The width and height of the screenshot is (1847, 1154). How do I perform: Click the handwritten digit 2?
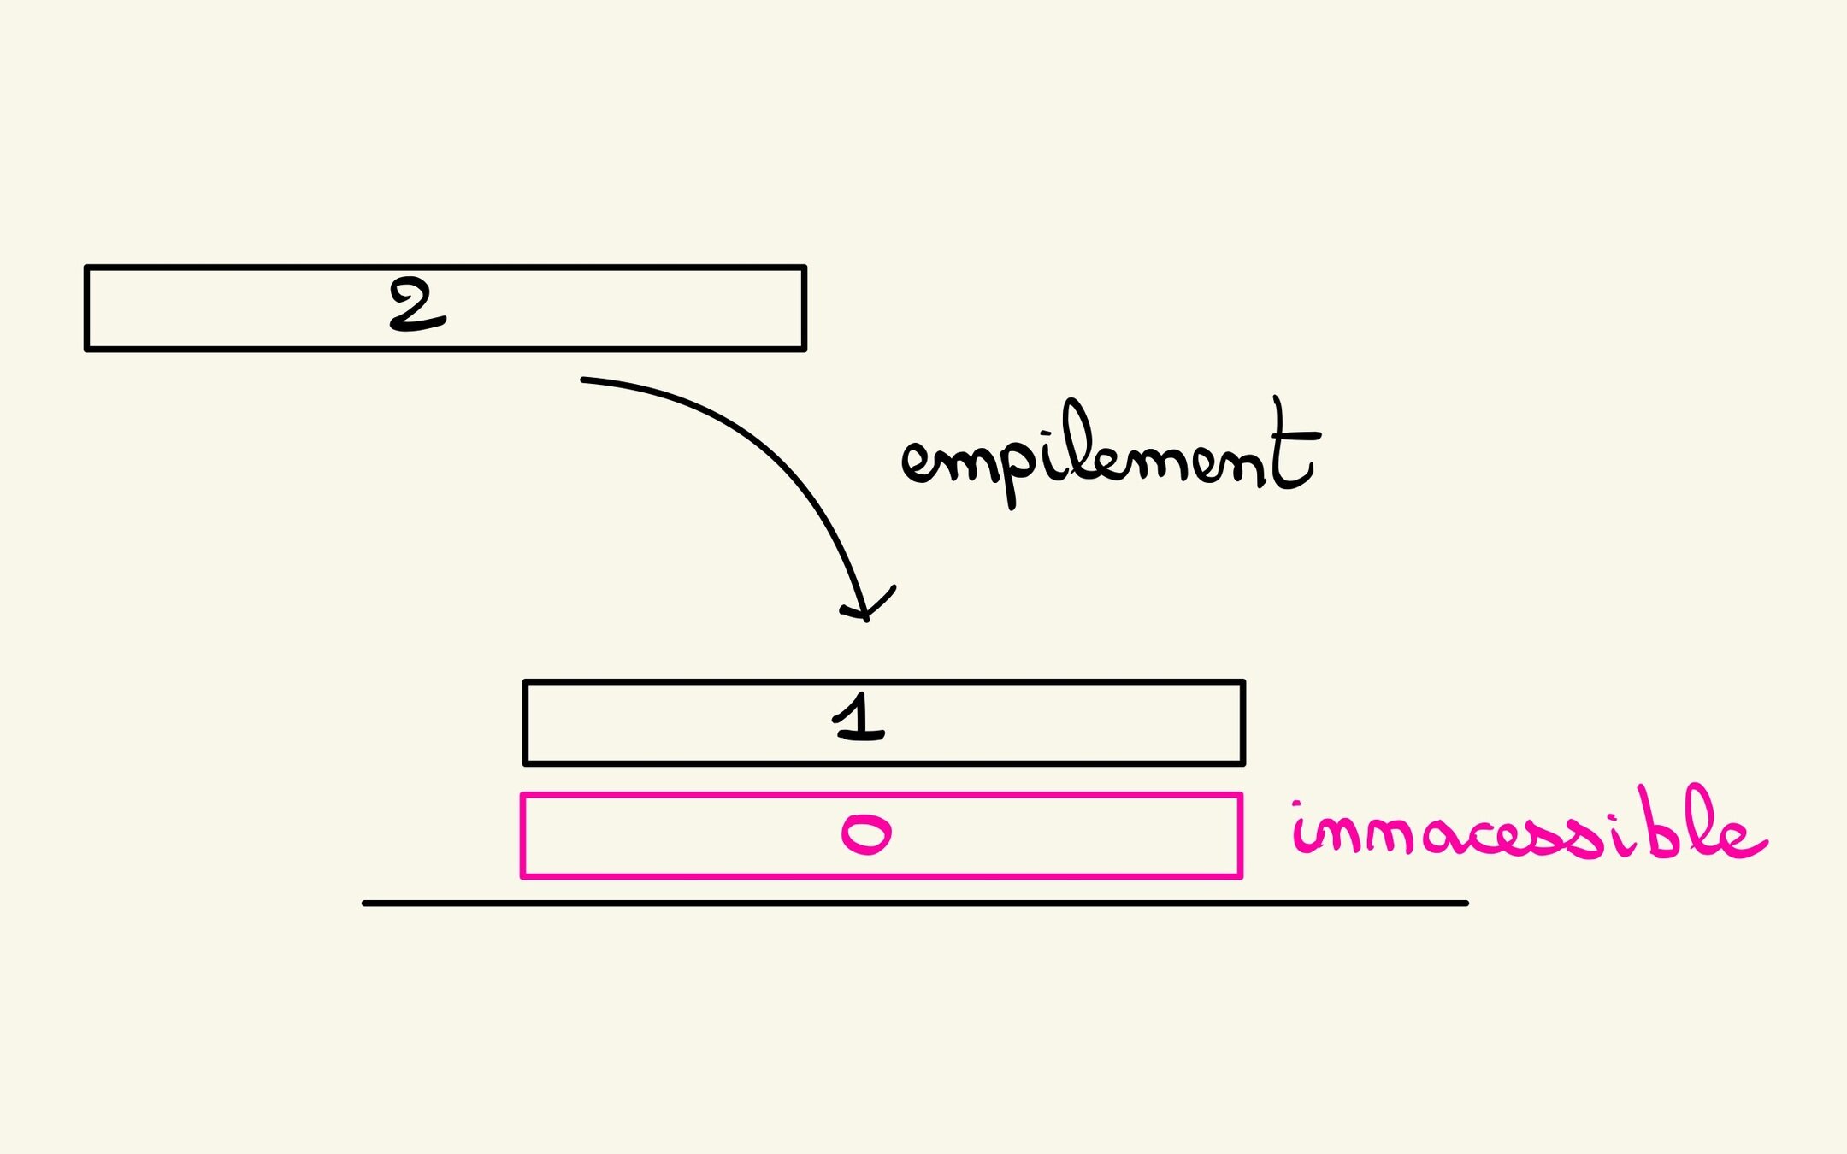[416, 305]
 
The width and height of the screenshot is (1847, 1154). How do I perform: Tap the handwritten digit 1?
[859, 718]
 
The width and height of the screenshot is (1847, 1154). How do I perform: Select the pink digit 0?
[866, 834]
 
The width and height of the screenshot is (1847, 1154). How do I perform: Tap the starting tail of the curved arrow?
[584, 380]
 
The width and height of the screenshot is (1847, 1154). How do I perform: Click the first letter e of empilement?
[919, 462]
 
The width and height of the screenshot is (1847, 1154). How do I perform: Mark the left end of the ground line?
[365, 903]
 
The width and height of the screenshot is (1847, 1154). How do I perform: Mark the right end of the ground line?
[1466, 903]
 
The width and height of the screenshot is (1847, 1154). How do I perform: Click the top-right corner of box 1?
[1242, 683]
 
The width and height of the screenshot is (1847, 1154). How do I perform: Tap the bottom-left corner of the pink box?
[523, 875]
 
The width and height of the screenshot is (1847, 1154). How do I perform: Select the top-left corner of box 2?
[87, 268]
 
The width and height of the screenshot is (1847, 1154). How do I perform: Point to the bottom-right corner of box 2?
[804, 348]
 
